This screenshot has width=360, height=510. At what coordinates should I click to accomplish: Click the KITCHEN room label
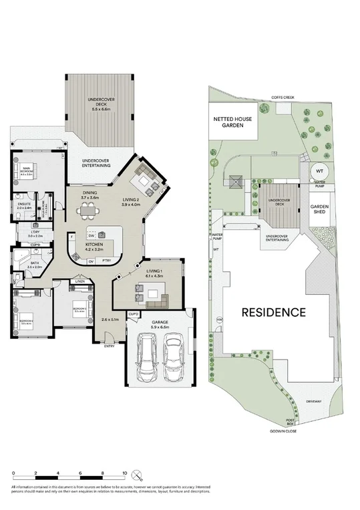click(94, 245)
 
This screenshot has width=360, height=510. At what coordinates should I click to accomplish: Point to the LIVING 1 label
click(155, 271)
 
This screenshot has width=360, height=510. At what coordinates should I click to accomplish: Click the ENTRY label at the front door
click(109, 346)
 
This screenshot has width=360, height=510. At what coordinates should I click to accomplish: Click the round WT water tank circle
click(319, 170)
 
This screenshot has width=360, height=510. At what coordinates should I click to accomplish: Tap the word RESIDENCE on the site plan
click(273, 311)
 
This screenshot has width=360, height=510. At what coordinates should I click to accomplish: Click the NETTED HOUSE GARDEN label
click(232, 121)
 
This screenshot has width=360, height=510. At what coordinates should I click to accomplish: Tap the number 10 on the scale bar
click(124, 473)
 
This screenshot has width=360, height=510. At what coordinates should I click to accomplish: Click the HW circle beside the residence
click(219, 320)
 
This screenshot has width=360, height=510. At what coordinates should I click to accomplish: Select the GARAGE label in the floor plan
click(160, 322)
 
